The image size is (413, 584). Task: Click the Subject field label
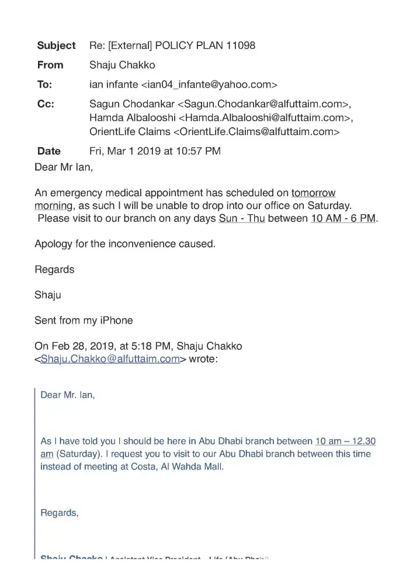click(56, 46)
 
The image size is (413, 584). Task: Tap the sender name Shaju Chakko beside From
click(122, 65)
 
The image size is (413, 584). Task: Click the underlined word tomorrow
click(313, 193)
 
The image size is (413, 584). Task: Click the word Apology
click(53, 244)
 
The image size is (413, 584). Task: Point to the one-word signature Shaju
click(47, 295)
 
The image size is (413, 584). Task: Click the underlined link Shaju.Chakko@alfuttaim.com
click(109, 359)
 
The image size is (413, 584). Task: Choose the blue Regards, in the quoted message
click(59, 513)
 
